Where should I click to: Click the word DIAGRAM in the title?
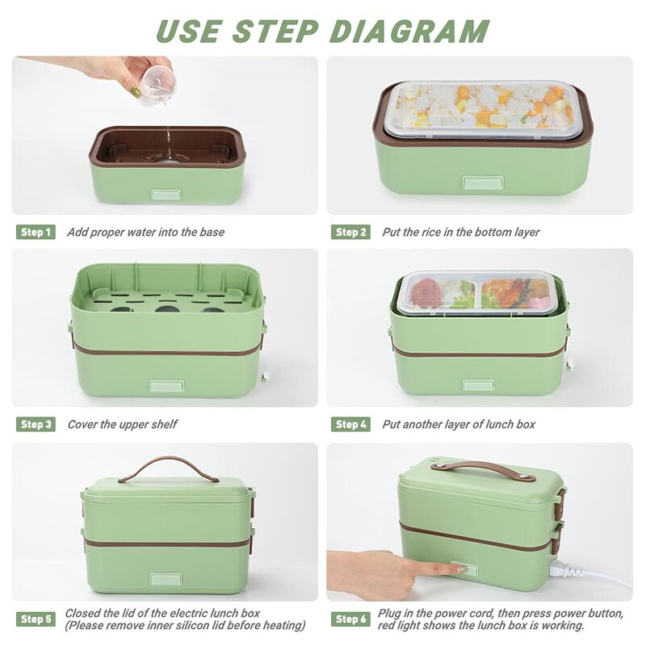point(409,31)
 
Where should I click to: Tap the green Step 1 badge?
point(36,232)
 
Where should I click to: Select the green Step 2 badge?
point(350,232)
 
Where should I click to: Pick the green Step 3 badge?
point(36,424)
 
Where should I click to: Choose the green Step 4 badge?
point(350,424)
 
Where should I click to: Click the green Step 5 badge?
point(36,619)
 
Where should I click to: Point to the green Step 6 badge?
point(350,619)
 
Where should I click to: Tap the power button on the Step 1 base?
point(166,195)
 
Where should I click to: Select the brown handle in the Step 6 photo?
point(483,470)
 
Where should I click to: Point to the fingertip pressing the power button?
point(461,569)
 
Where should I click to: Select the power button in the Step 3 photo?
point(166,386)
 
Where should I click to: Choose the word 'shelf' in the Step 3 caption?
point(164,424)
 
